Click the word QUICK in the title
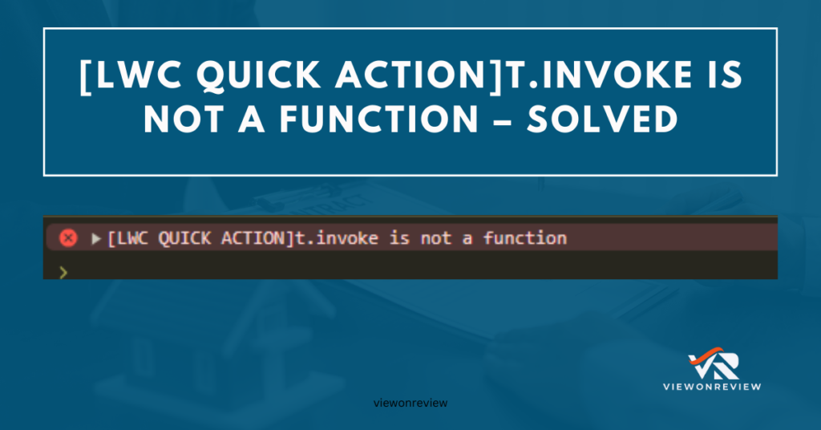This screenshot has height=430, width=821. pos(259,75)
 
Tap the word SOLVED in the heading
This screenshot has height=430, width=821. pos(603,120)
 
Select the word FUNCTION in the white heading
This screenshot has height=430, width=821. pos(379,120)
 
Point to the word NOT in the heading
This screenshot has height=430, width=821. pos(184,120)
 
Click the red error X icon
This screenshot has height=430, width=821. pos(68,238)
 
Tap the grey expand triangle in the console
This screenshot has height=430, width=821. pos(96,239)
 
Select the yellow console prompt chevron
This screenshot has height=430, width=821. pos(63,272)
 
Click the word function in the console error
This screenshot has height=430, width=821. pos(524,238)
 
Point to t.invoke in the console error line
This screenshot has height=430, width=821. pos(337,238)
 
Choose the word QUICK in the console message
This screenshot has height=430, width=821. pos(184,239)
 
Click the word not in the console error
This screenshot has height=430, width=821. pos(435,239)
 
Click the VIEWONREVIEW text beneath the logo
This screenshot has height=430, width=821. pos(712,387)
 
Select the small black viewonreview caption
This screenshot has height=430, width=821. pos(410,403)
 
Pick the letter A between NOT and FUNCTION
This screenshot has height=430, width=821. pos(252,120)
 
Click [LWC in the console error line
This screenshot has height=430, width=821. pos(127,239)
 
